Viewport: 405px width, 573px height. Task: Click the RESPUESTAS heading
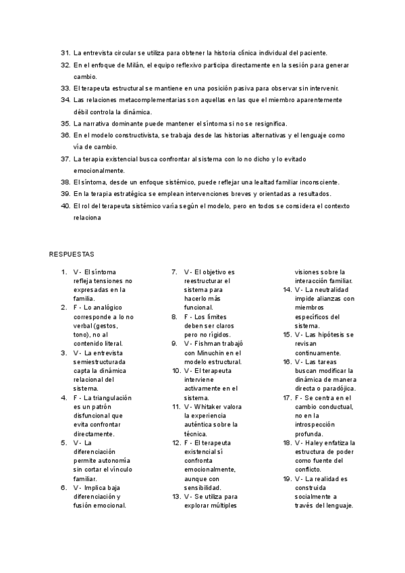(72, 254)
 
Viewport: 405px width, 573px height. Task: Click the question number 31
(65, 52)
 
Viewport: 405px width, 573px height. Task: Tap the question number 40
(65, 205)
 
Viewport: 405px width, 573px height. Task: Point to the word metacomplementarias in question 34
(132, 99)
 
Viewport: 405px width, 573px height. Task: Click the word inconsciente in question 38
(319, 182)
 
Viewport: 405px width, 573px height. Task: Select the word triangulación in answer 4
(110, 398)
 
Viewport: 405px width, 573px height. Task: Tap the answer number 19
(286, 479)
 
